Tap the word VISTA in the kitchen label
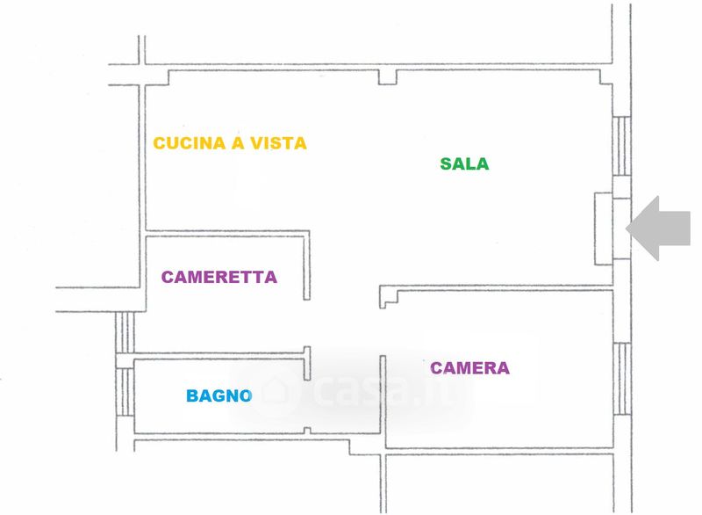pos(277,143)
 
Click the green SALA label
pos(464,163)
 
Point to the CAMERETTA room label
pos(218,277)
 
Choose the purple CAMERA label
pos(469,368)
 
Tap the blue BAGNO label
pos(218,396)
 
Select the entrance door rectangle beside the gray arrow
pos(603,228)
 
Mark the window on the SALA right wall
pos(621,146)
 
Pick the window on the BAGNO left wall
pos(126,391)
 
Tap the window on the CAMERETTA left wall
pos(125,332)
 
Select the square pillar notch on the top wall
pos(387,78)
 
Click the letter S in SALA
pos(446,163)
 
